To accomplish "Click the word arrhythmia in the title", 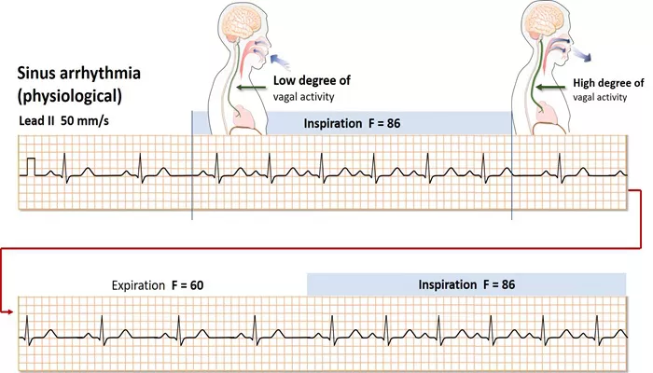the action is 101,74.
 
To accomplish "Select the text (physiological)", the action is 70,96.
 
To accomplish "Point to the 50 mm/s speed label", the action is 85,121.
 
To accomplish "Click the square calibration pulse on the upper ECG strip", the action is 31,167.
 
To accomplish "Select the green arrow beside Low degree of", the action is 251,88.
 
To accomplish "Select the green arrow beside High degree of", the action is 550,88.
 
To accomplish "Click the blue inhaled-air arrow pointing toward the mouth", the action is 279,62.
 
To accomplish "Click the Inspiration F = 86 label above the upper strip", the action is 352,124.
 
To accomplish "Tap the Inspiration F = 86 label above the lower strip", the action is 466,284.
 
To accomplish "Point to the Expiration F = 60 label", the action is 158,285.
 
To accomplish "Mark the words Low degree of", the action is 312,80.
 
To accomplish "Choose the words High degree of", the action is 608,83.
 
